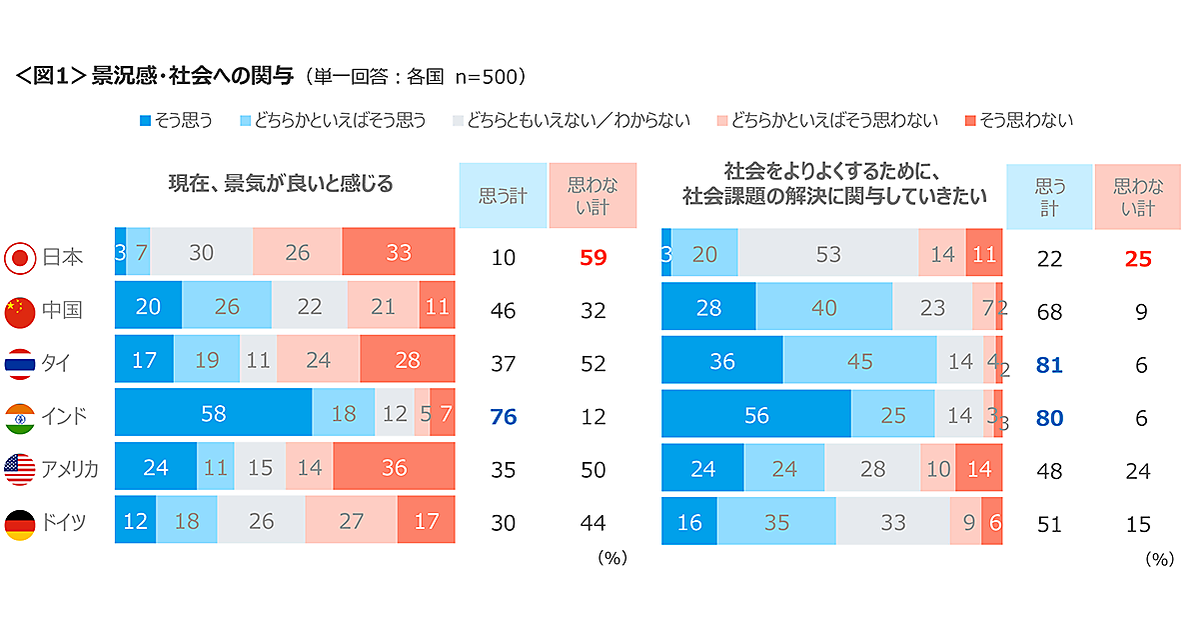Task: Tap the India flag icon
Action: click(x=19, y=416)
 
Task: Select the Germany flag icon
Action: click(x=19, y=522)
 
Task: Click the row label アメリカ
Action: click(x=70, y=469)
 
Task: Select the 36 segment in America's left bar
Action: click(x=394, y=468)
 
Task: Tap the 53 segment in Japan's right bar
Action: click(x=827, y=255)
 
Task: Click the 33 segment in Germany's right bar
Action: click(x=892, y=522)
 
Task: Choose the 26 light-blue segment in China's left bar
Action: click(x=227, y=308)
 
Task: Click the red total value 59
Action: click(x=593, y=258)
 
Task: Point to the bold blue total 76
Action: click(x=503, y=416)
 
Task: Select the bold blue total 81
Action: click(x=1049, y=364)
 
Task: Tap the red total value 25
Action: click(x=1138, y=258)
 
